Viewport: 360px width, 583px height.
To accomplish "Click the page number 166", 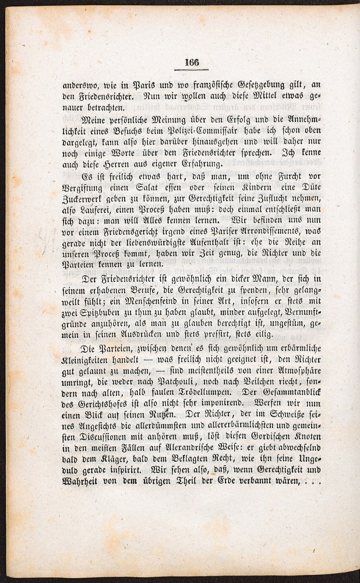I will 192,64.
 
